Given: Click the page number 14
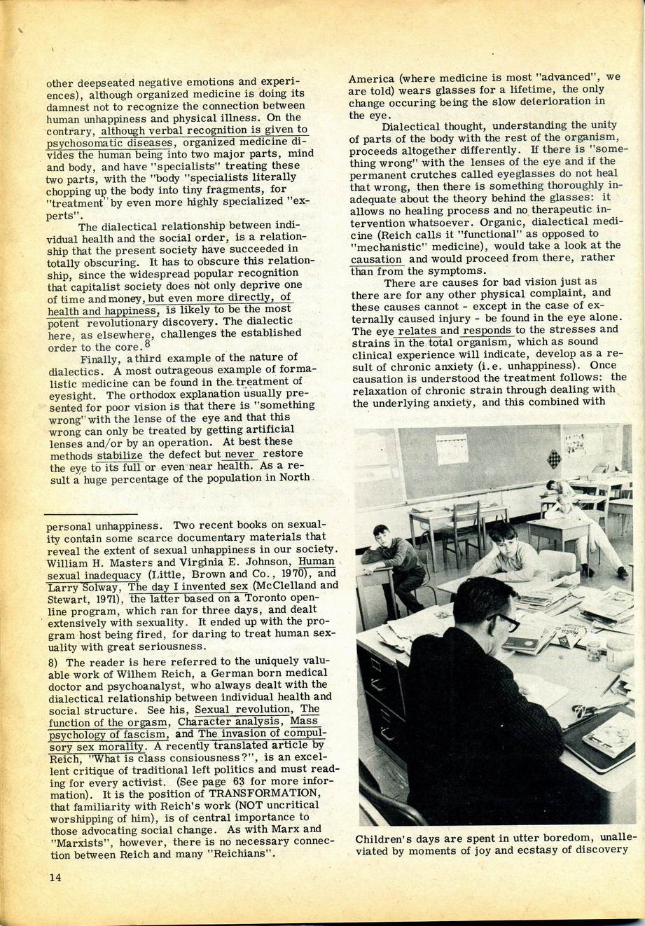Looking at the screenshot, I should point(55,877).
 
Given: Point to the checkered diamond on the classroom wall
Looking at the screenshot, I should point(553,459).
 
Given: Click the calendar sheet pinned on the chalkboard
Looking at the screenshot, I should point(452,449).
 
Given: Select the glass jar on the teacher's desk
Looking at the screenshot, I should point(594,651).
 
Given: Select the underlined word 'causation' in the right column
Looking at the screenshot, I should point(376,259).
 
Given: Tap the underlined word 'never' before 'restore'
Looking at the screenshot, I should point(240,454).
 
